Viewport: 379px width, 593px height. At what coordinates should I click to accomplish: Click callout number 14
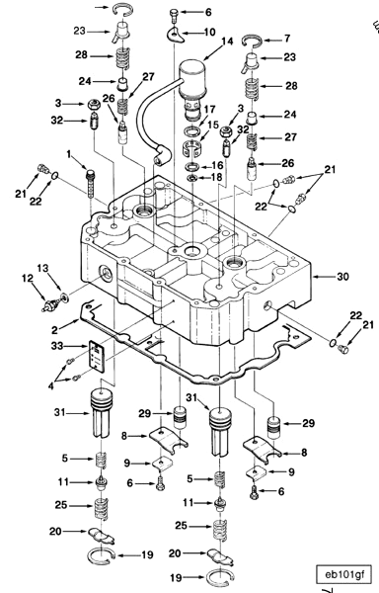click(228, 42)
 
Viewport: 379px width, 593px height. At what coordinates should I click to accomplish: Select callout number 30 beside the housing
click(341, 277)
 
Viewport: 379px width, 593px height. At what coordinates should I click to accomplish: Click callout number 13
click(41, 269)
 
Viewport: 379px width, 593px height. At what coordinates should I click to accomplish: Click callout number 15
click(212, 125)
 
